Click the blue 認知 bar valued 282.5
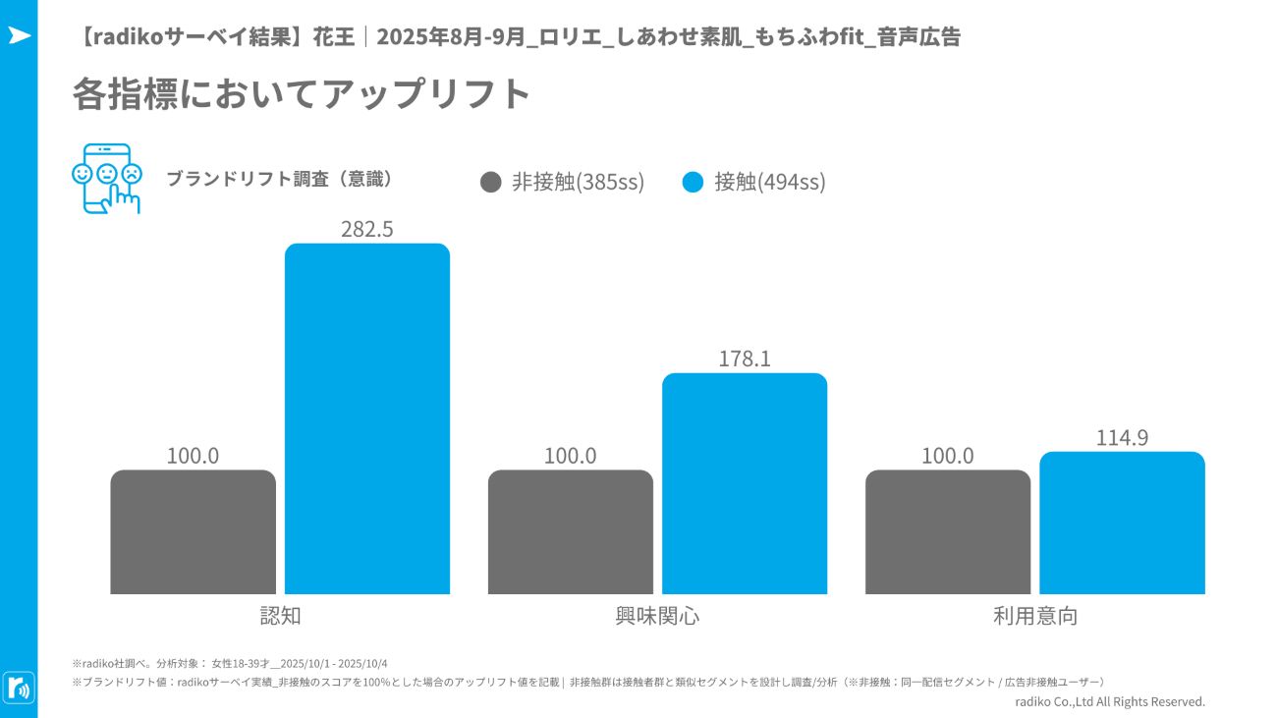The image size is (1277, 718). tap(367, 418)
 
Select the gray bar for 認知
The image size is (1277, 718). tap(194, 531)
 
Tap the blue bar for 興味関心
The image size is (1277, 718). tap(745, 483)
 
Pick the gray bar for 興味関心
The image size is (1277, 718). tap(571, 531)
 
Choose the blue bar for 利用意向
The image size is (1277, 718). tap(1122, 523)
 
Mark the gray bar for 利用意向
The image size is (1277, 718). tap(948, 531)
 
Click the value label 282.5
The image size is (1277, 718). tap(367, 229)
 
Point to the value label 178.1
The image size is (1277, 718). tap(745, 359)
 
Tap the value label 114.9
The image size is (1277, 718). tap(1122, 438)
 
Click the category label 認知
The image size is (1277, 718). tap(280, 616)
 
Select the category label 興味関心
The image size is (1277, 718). tap(657, 616)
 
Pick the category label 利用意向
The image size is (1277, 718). tap(1034, 616)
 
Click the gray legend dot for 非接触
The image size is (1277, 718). tap(491, 182)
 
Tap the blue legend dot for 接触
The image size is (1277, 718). tap(693, 182)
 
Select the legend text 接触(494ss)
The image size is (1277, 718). tap(770, 182)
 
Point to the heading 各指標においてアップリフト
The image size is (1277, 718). tap(302, 94)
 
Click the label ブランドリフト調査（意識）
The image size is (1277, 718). tap(280, 179)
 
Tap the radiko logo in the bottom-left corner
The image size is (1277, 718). tap(19, 687)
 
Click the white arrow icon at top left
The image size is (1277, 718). tap(19, 35)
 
